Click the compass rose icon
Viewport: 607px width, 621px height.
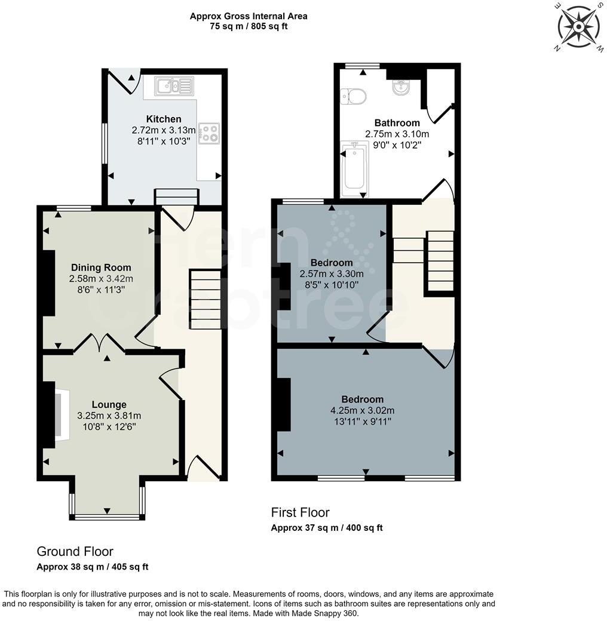(578, 26)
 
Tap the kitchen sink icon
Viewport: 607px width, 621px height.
(173, 86)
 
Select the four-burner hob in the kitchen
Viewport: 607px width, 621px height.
(209, 133)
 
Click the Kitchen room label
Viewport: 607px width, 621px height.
(164, 119)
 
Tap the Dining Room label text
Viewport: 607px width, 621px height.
(101, 268)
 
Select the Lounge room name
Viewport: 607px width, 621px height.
(109, 404)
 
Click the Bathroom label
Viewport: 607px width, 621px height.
(397, 123)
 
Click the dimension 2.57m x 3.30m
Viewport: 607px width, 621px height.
(331, 274)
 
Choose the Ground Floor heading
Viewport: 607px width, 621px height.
(75, 551)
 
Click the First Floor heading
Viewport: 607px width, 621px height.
(300, 512)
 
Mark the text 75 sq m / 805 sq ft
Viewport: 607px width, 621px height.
(249, 27)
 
